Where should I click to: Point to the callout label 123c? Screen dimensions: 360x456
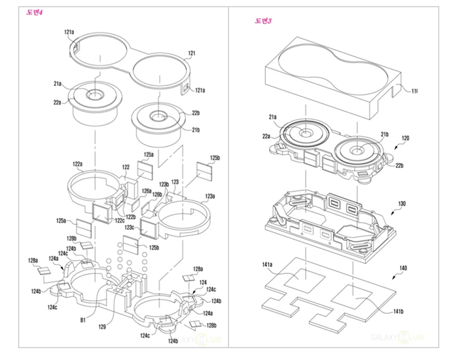[130, 227]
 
